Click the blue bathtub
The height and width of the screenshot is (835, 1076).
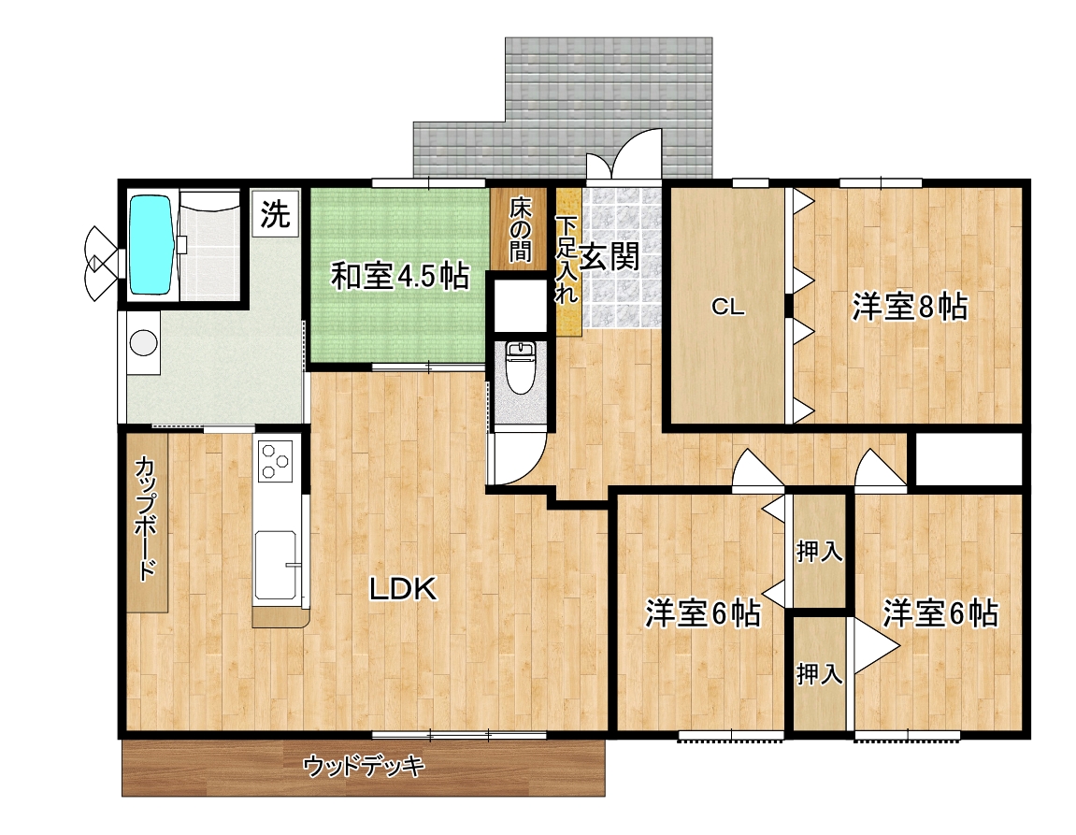click(x=151, y=245)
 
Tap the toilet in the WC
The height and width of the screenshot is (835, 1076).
click(x=520, y=367)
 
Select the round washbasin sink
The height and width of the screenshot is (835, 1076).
click(x=143, y=342)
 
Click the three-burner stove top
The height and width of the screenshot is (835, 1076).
click(x=275, y=460)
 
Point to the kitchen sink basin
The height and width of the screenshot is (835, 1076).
click(x=277, y=565)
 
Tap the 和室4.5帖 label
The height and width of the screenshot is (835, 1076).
click(x=400, y=276)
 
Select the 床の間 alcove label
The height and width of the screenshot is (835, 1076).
click(x=520, y=230)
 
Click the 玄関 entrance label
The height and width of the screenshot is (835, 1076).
click(x=610, y=256)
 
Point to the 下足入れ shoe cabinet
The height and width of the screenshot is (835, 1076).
click(x=568, y=262)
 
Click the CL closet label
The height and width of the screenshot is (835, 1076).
click(x=728, y=306)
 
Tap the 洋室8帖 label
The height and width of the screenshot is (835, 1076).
click(x=910, y=307)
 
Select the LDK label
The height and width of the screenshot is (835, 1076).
click(x=404, y=589)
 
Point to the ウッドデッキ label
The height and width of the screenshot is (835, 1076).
click(x=364, y=766)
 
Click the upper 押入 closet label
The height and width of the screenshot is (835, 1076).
click(x=819, y=551)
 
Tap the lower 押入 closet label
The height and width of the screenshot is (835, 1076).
click(x=819, y=674)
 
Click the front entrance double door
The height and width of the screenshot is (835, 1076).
click(x=624, y=155)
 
